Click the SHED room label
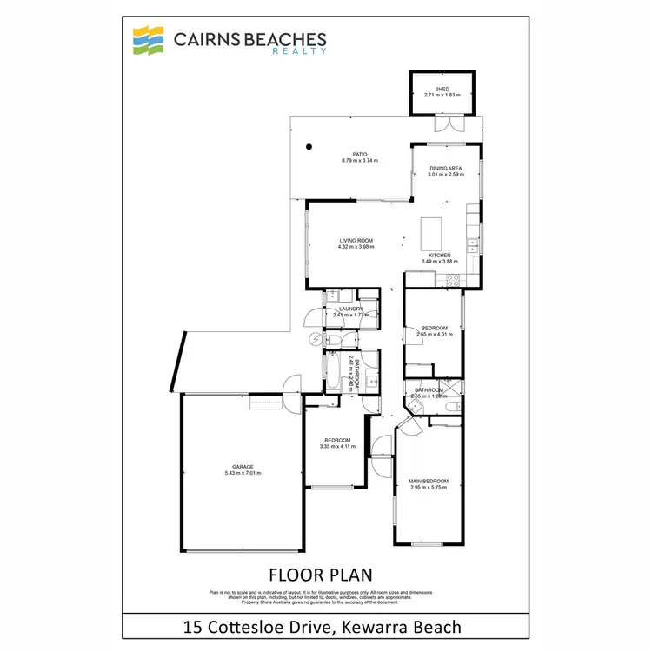point(442,89)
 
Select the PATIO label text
point(360,155)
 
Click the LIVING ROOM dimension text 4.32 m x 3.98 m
point(356,247)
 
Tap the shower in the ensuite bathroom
point(450,386)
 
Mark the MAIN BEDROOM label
point(429,481)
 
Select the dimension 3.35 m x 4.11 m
point(337,447)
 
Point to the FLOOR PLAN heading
point(321,574)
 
